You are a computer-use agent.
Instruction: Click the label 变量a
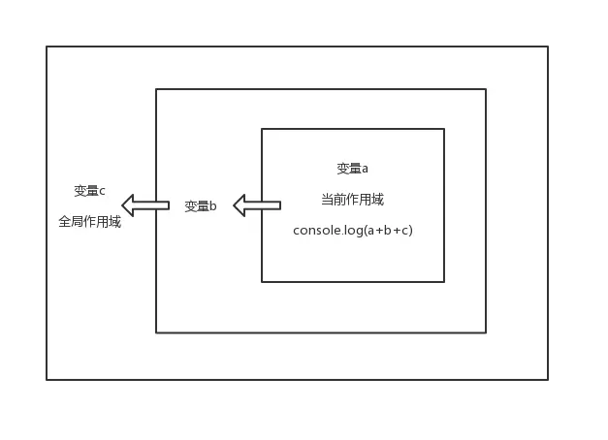coord(352,168)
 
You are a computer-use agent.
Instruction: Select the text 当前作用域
coord(352,200)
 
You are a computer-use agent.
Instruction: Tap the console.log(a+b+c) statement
coord(353,231)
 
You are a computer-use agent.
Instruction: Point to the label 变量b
coord(200,205)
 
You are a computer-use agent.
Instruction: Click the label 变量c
coord(89,190)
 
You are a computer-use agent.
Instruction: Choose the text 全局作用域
coord(89,222)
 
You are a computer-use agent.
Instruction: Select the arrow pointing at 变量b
coord(257,205)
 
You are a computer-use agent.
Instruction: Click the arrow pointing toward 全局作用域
coord(145,205)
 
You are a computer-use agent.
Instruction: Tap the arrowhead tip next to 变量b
coord(235,205)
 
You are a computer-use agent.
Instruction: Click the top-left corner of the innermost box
coord(262,129)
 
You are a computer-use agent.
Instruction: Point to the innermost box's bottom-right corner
coord(444,282)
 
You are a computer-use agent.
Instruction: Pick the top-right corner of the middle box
coord(485,89)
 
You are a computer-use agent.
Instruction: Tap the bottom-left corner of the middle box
coord(156,332)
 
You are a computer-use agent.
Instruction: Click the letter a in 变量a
coord(365,169)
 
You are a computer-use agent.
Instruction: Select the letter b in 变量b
coord(212,206)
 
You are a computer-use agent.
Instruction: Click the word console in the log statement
coord(315,231)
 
